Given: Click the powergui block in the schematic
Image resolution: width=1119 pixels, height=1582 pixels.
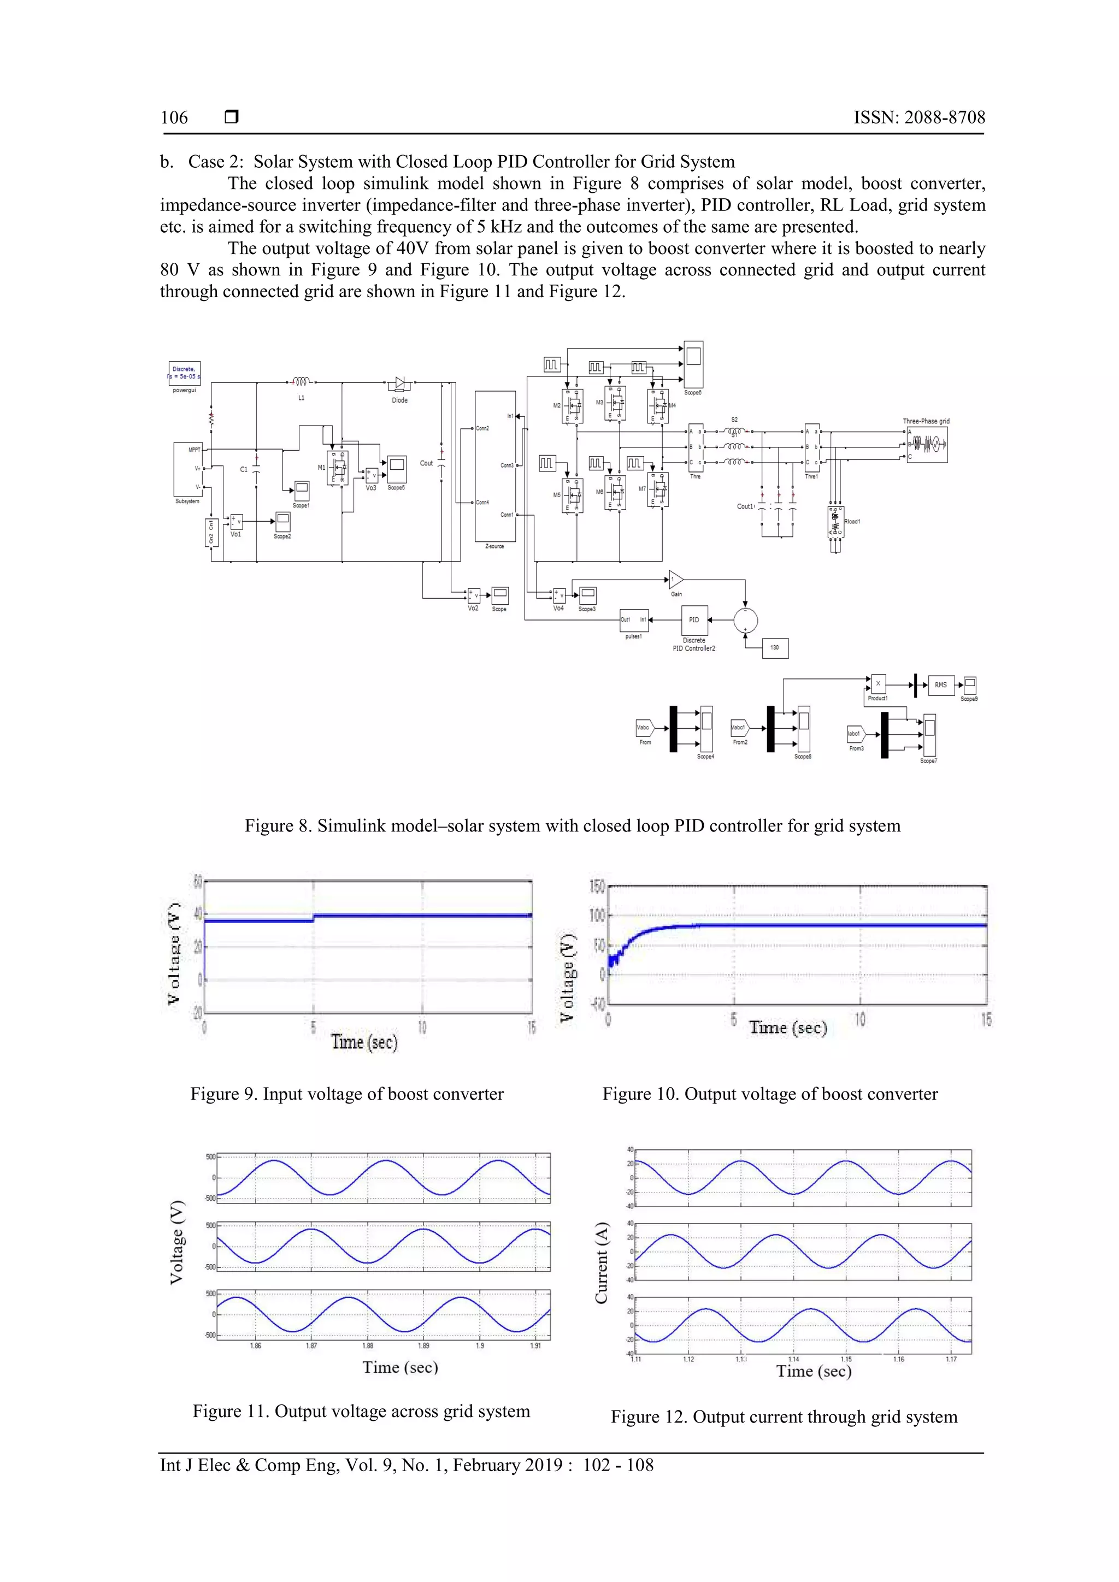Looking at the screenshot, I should (185, 374).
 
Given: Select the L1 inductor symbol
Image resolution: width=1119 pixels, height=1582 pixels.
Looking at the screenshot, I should (301, 381).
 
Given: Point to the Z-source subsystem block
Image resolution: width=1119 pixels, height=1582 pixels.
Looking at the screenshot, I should (494, 467).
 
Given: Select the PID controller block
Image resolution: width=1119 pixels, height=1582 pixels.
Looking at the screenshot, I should (694, 620).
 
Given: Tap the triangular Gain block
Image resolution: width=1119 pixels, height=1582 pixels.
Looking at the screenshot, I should (675, 580).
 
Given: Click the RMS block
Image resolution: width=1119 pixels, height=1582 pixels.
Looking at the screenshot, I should (940, 685).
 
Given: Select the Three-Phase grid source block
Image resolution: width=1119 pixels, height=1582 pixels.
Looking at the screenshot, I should (927, 445).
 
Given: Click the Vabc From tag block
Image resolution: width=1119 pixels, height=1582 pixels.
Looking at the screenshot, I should (644, 728).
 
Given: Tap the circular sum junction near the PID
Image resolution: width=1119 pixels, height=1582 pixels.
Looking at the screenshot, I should (745, 620).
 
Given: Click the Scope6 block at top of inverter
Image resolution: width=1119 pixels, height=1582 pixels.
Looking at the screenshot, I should (693, 364).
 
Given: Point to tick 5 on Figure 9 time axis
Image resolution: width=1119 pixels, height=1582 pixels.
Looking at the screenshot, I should (313, 1028).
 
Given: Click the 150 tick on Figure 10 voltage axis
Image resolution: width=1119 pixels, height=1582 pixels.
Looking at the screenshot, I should (597, 887).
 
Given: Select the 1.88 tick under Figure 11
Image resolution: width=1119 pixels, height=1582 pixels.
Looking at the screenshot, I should (368, 1345).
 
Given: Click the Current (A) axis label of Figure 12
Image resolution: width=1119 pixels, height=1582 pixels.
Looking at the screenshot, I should (602, 1262).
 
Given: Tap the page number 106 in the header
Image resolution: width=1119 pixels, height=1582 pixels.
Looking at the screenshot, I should (174, 118).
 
